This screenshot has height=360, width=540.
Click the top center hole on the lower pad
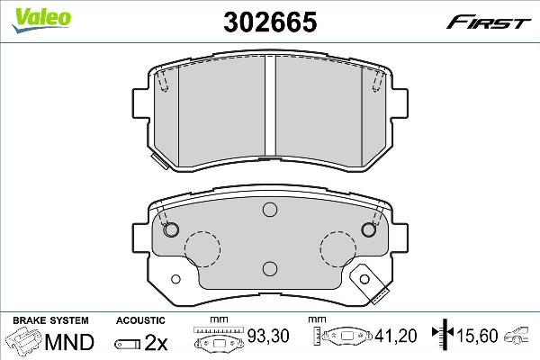click(269, 211)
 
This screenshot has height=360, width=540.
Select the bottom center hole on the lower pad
click(269, 267)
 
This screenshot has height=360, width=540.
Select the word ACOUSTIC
click(140, 320)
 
